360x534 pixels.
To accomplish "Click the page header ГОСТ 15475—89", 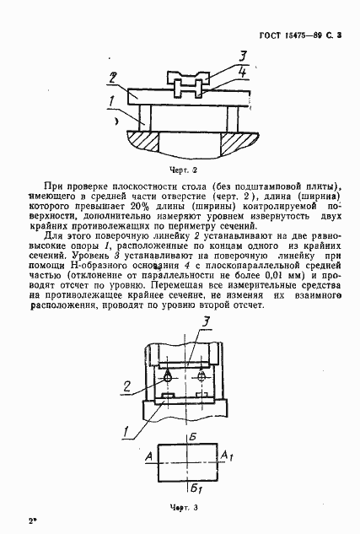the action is tap(298, 38).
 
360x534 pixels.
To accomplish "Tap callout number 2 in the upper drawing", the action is tap(112, 78).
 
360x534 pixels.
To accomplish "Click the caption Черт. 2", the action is tap(183, 167).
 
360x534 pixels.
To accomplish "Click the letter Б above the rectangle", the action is tap(193, 435).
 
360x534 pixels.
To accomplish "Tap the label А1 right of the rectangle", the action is tap(226, 456).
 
